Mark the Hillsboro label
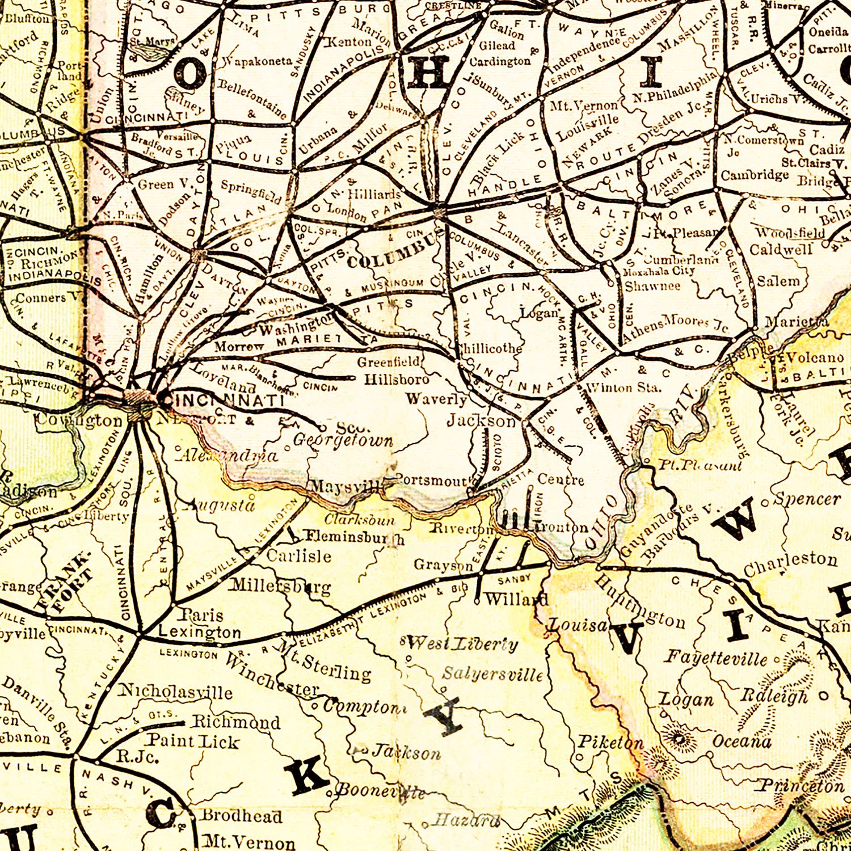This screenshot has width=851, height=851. tap(397, 379)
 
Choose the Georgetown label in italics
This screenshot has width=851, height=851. tap(343, 441)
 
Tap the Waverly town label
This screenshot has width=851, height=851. tap(436, 399)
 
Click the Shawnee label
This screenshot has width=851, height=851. tap(652, 286)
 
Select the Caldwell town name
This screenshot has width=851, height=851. tap(781, 250)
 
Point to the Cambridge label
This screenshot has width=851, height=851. tap(755, 175)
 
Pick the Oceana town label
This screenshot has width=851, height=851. tap(742, 742)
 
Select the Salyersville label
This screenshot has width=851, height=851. tap(492, 674)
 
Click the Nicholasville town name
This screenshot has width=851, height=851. tap(175, 692)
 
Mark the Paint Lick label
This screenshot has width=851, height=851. tap(193, 741)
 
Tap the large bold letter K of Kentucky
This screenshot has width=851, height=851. tap(306, 777)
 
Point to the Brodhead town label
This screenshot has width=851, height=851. tap(242, 816)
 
